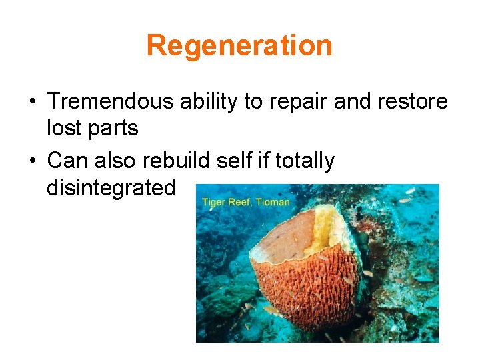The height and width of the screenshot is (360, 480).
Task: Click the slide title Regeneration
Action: [x=239, y=46]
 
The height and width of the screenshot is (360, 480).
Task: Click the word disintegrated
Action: [x=111, y=188]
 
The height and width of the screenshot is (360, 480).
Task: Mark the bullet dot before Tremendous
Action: [x=32, y=103]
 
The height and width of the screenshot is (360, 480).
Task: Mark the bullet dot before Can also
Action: [x=32, y=161]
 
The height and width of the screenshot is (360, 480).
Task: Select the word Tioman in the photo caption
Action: [x=273, y=201]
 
